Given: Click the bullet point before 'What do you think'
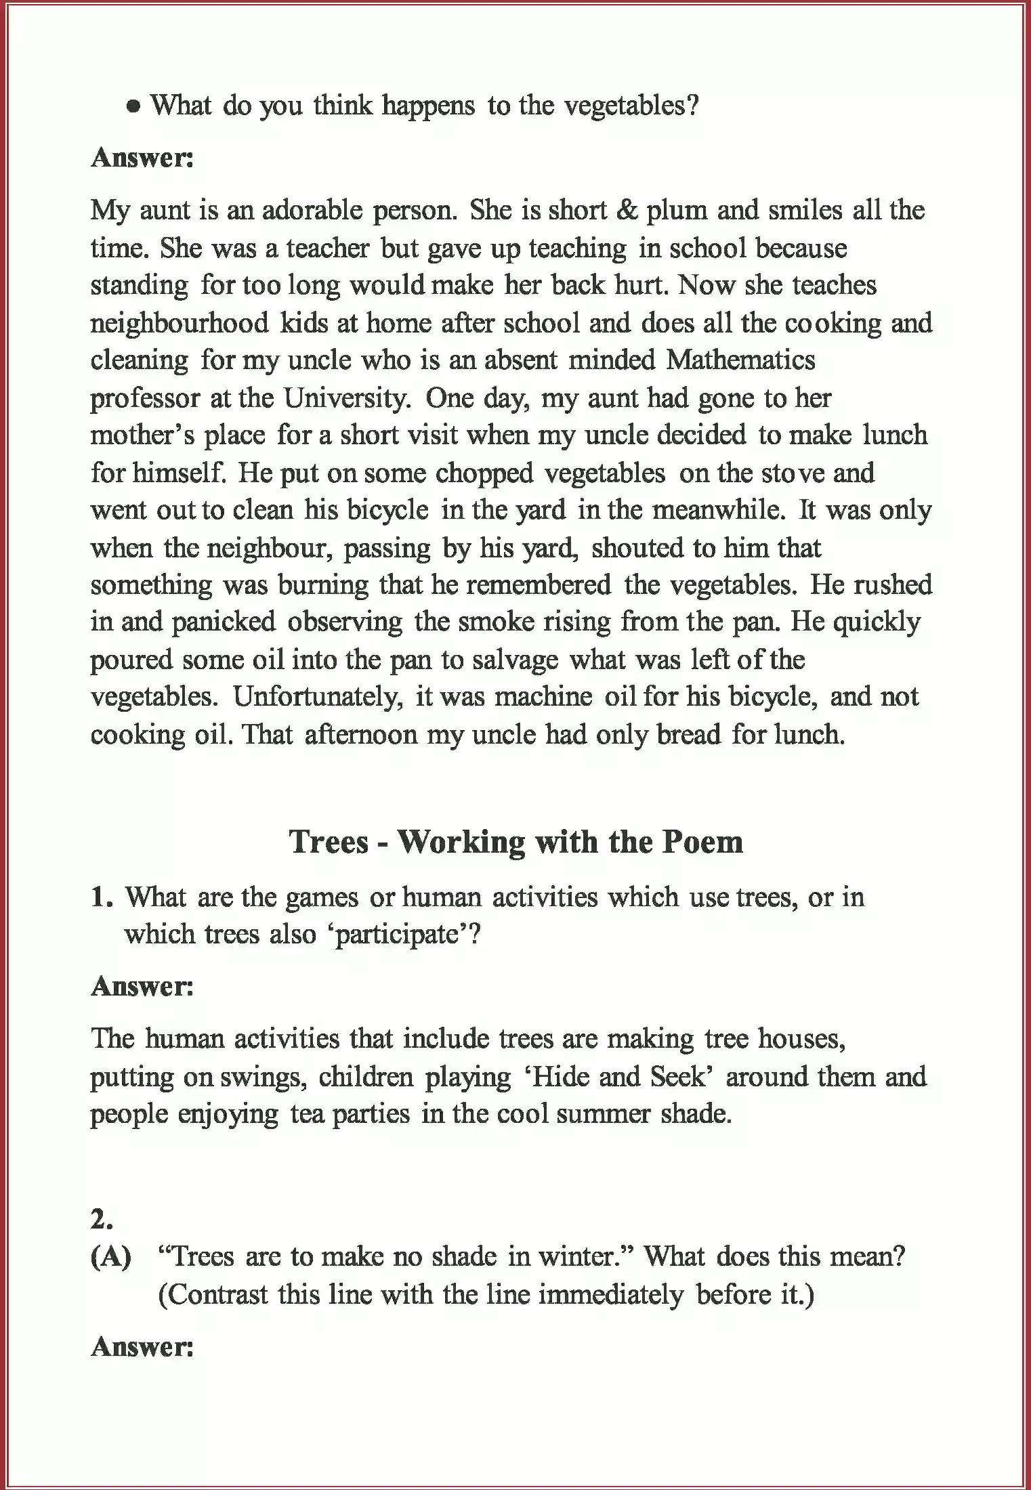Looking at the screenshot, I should (x=134, y=107).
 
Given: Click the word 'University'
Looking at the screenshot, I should (x=343, y=398).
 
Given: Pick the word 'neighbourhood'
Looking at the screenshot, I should (x=180, y=322).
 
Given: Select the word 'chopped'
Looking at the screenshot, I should (x=484, y=473).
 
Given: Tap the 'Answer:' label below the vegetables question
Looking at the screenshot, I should (x=142, y=158).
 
